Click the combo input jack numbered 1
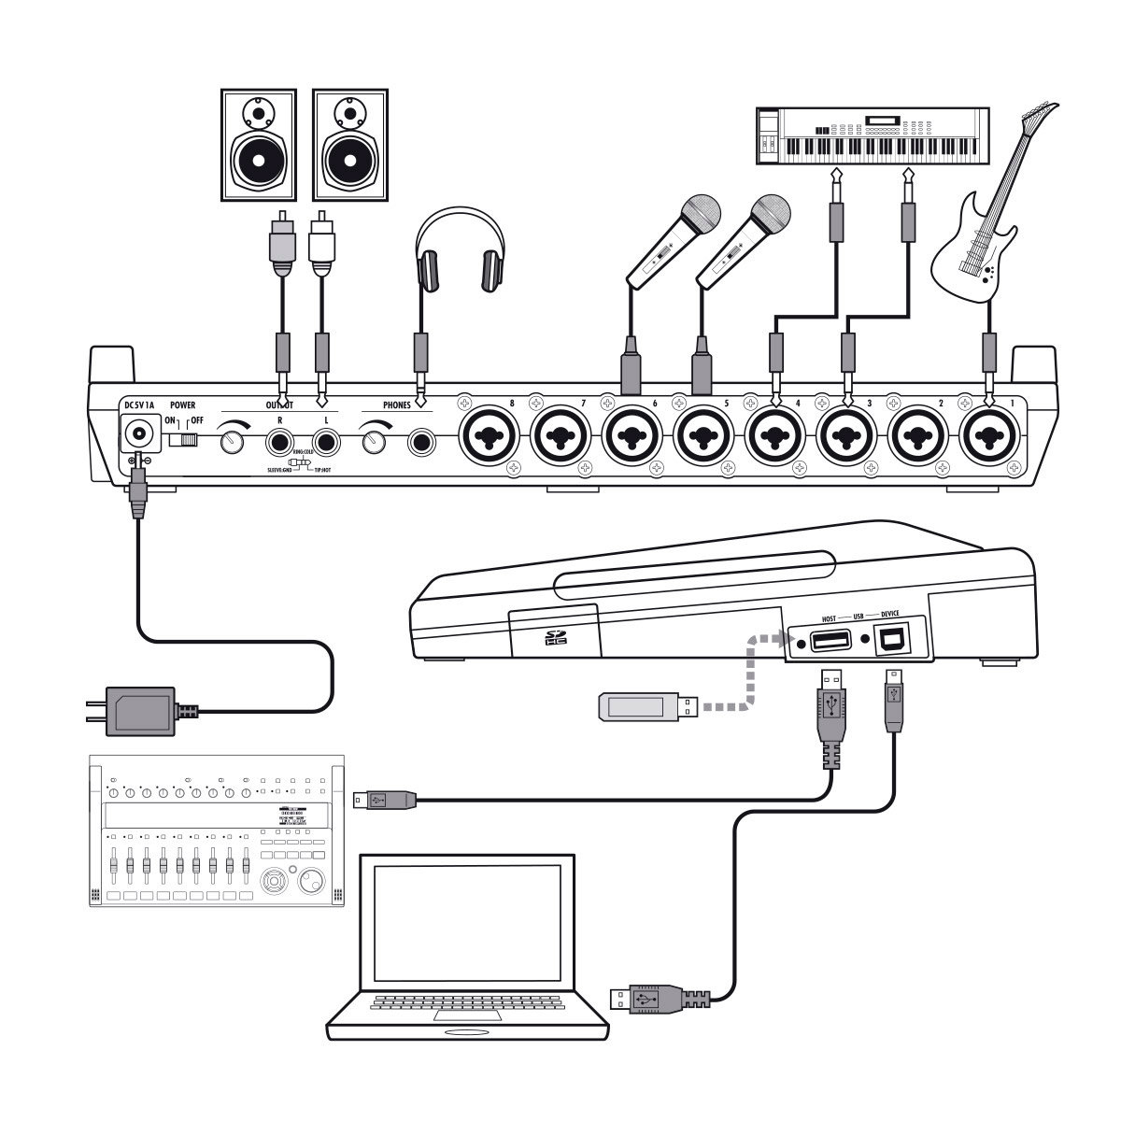coord(992,436)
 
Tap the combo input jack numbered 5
coord(706,436)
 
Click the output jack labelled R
coord(279,440)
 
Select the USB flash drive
coord(644,706)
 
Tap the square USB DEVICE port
coord(892,642)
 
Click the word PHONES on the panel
coord(403,405)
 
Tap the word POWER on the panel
coord(182,405)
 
